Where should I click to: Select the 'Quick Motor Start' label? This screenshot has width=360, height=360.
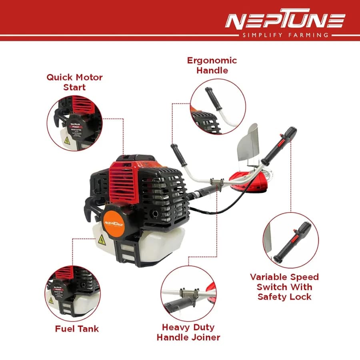click(x=74, y=82)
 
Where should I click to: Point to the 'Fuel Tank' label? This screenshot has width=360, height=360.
click(x=77, y=329)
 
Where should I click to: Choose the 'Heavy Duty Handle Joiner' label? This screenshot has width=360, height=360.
click(x=188, y=332)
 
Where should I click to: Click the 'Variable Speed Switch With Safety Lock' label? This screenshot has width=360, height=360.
click(x=284, y=286)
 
